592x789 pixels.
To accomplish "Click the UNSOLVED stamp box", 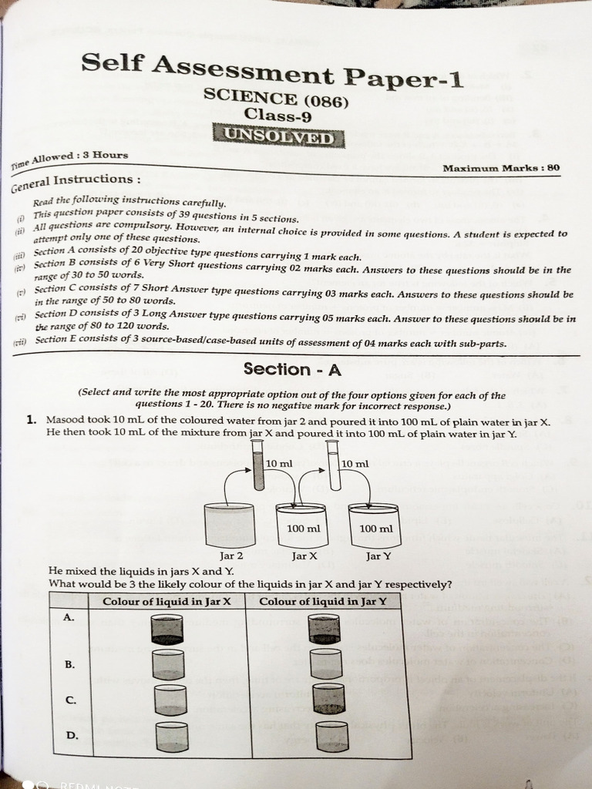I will (x=280, y=137).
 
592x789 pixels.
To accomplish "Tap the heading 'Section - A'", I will (x=292, y=369).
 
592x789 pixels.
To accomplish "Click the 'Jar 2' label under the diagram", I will (x=231, y=555).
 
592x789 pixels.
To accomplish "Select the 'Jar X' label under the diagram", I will (x=304, y=555).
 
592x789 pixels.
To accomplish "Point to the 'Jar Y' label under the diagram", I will (x=378, y=555).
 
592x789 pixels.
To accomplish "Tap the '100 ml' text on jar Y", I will (x=376, y=529).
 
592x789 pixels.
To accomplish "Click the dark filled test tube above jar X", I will (x=258, y=471).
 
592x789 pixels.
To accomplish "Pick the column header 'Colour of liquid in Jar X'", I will (x=167, y=601).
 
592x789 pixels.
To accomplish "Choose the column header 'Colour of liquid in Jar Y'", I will (x=324, y=601).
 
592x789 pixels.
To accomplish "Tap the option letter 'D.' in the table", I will (x=72, y=735).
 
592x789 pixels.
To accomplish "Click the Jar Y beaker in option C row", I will (x=328, y=698).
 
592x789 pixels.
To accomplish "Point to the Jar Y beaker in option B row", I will (x=326, y=663).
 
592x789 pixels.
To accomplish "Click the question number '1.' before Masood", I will (x=32, y=420).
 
